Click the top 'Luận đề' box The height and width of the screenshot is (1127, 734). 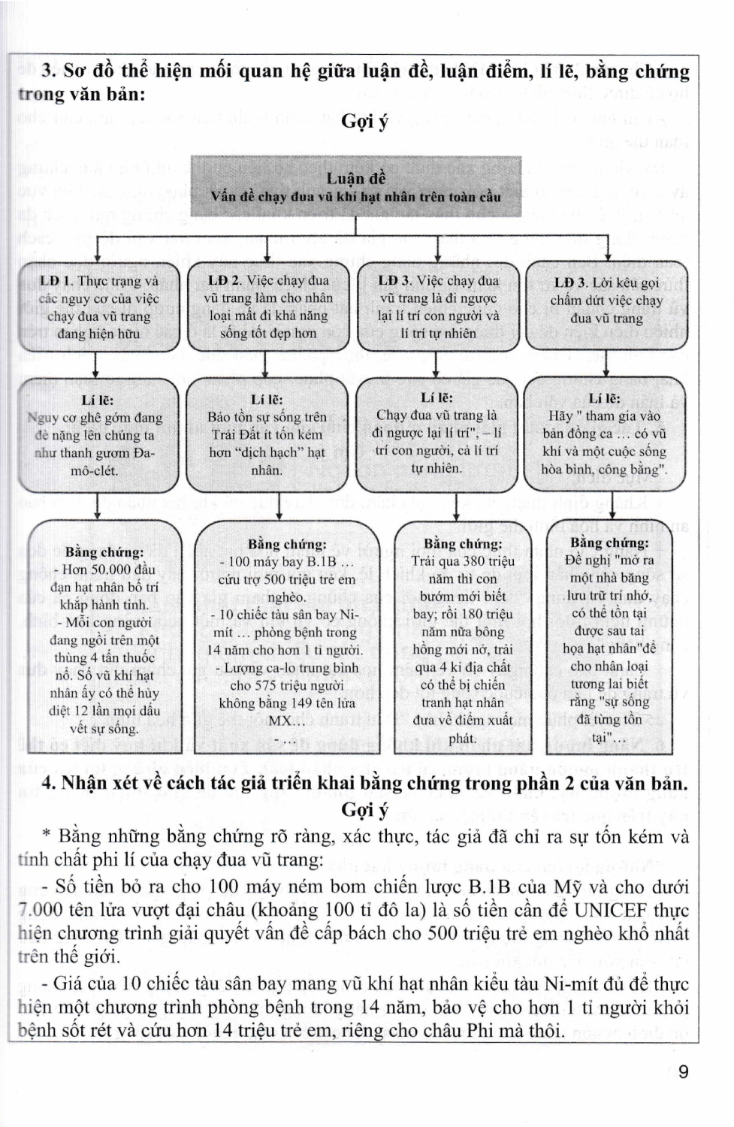355,187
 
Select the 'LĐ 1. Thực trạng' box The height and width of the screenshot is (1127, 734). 98,307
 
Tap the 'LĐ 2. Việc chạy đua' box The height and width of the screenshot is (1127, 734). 268,307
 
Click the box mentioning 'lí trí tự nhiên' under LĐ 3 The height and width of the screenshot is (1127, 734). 438,307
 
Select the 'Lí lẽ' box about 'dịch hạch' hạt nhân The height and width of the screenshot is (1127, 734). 267,436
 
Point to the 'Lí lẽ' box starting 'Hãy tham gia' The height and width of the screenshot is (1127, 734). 605,434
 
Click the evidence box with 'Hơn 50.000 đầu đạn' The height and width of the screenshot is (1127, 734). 104,639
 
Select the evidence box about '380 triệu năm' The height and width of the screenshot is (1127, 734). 462,639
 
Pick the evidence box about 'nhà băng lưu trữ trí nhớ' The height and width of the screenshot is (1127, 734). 609,639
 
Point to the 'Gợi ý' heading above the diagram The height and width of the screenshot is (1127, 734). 365,121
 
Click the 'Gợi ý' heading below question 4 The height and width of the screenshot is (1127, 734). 365,810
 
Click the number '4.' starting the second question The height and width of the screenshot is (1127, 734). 50,784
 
